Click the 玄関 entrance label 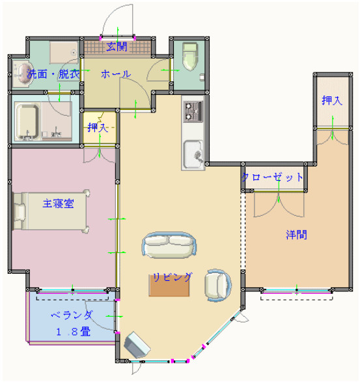[x=117, y=46]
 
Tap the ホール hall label [x=116, y=74]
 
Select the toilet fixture [x=190, y=57]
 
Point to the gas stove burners [x=193, y=112]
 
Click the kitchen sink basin [x=193, y=154]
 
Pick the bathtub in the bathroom [x=27, y=121]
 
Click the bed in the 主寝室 [x=51, y=211]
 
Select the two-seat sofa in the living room [x=169, y=245]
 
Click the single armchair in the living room [x=217, y=285]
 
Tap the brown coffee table [x=169, y=285]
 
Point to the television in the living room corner [x=137, y=345]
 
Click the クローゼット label [x=273, y=177]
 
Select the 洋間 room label [x=296, y=235]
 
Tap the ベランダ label [x=72, y=315]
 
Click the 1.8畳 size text [x=74, y=332]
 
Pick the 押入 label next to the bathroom [x=98, y=127]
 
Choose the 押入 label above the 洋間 [x=332, y=100]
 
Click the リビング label [x=172, y=277]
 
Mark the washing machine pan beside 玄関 [x=64, y=53]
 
